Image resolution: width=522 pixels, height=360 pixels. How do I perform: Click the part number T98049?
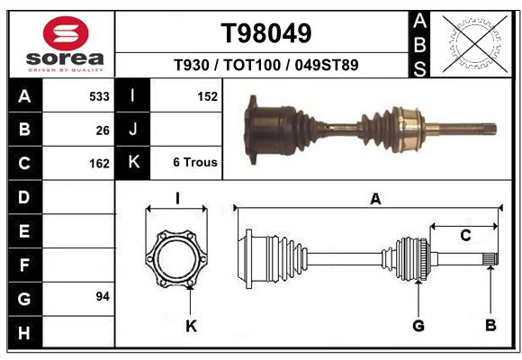pos(266,33)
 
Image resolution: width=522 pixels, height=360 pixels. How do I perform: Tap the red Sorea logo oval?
pos(66,33)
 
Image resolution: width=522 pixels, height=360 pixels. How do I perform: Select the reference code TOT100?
pos(252,65)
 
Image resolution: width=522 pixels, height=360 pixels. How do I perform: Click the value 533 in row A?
pos(99,96)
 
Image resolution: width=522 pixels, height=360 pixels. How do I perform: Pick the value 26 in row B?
pos(103,130)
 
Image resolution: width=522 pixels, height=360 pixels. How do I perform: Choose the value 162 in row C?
pos(99,164)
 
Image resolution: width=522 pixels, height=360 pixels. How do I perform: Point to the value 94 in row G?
pos(103,296)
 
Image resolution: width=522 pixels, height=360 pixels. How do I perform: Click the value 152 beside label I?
pos(207,96)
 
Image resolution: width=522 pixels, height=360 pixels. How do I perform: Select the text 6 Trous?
pos(195,162)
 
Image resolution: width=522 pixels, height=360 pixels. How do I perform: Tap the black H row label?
pos(25,332)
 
